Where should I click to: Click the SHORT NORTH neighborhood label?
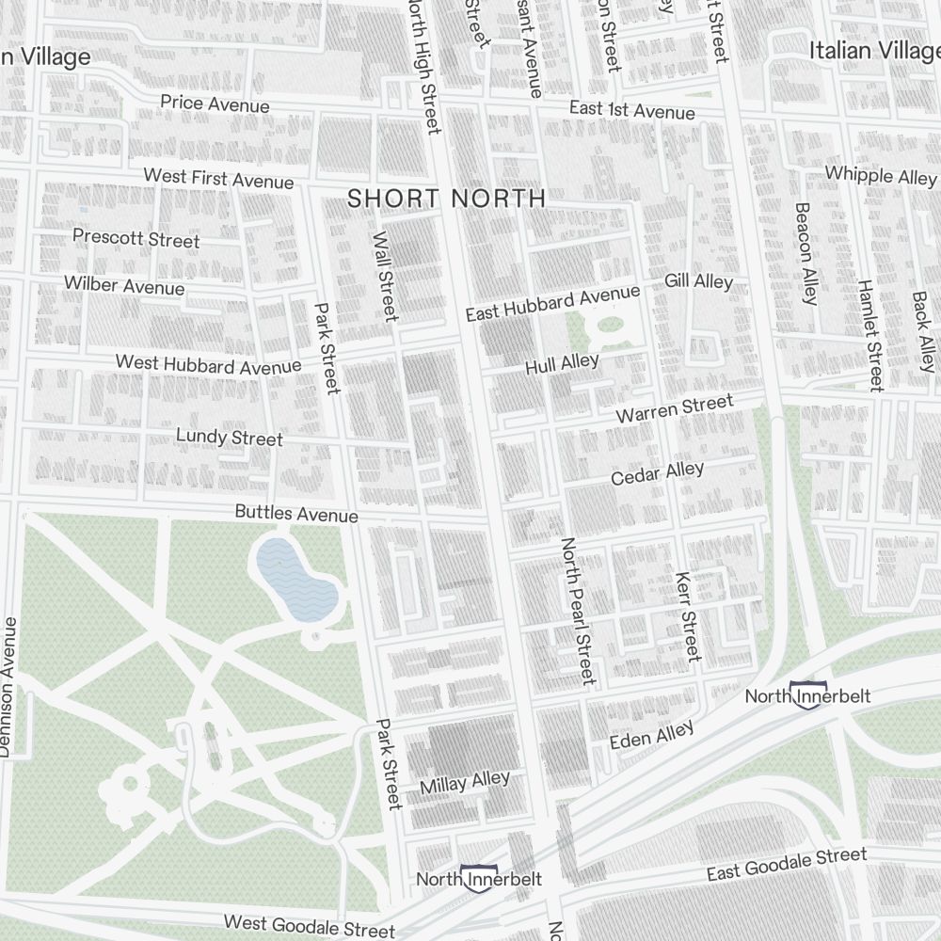446,199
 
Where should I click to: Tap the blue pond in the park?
295,580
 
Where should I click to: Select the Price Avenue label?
215,104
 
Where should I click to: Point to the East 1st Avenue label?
631,111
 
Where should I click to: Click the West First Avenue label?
218,178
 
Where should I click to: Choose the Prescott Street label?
136,238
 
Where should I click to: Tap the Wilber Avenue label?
124,285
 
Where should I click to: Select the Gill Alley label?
698,281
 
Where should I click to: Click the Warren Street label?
674,409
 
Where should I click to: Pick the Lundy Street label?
230,438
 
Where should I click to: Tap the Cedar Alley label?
657,474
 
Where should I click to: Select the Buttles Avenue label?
296,514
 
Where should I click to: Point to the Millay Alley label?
465,782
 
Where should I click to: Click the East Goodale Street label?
787,864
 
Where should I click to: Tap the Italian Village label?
874,51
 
